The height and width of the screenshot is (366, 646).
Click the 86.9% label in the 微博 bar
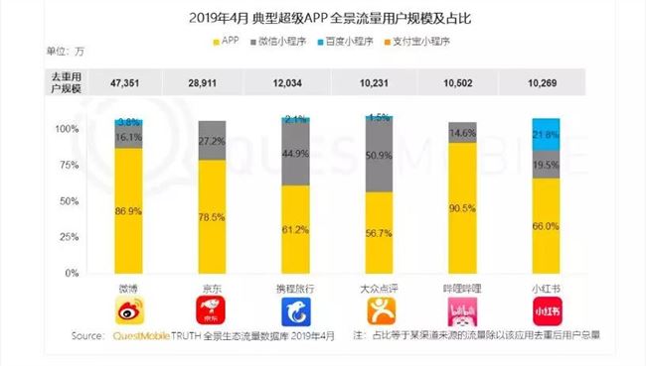[x=128, y=212]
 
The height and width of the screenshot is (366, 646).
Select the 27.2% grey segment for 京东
[x=212, y=141]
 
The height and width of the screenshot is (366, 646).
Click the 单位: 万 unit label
[x=36, y=50]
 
